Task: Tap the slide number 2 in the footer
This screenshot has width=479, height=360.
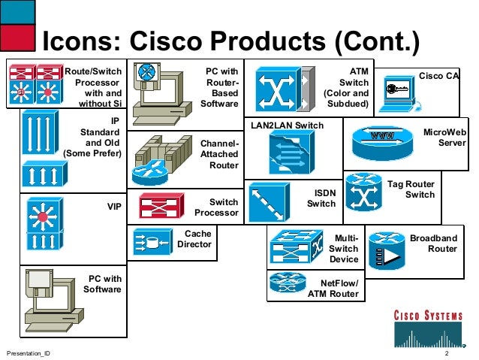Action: point(447,353)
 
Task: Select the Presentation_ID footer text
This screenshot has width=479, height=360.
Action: point(29,353)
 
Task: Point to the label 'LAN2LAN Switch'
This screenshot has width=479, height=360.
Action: point(288,125)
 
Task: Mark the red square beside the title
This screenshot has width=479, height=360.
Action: point(19,35)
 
